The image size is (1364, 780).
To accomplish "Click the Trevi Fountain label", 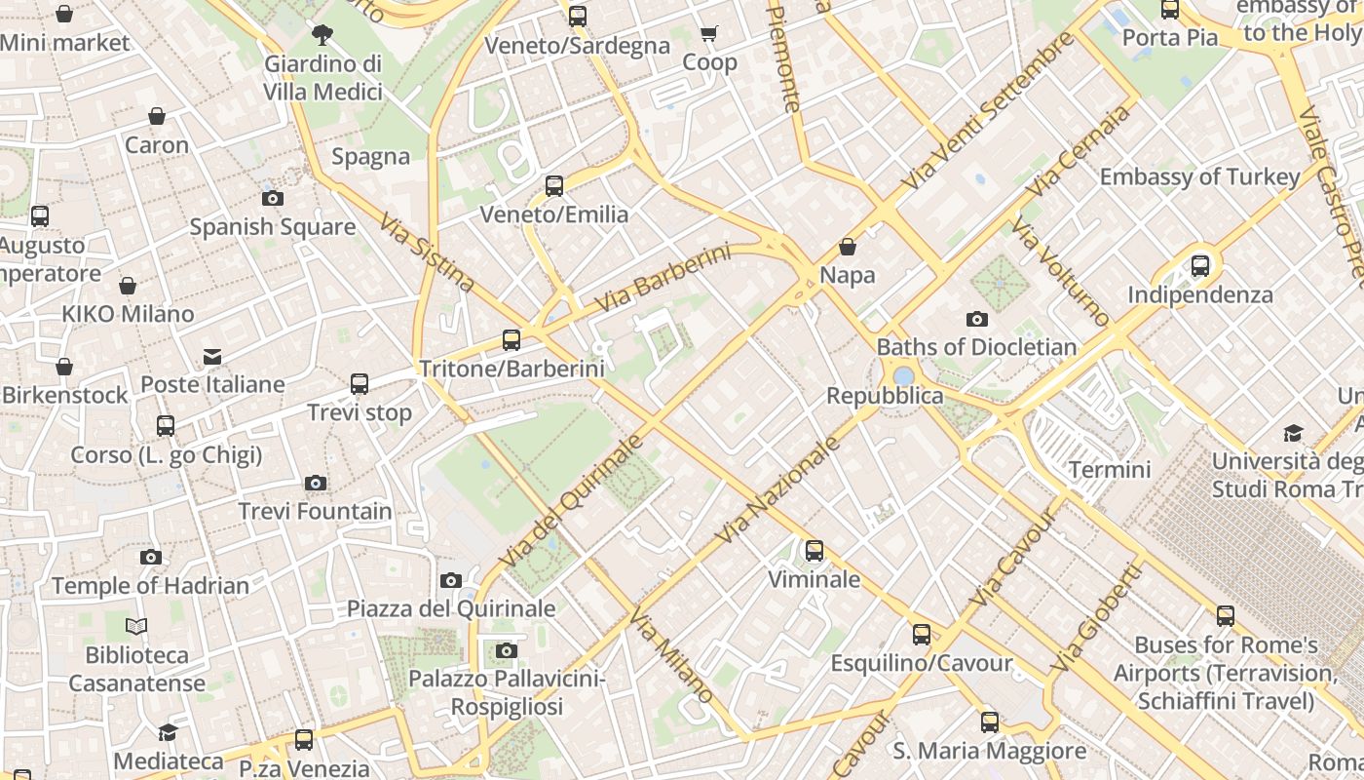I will point(315,511).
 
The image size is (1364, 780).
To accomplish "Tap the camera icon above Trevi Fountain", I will point(315,484).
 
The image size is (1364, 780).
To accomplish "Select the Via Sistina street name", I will point(427,253).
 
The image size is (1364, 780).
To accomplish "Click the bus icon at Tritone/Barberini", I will point(511,340).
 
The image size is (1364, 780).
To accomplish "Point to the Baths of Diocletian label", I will point(976,347).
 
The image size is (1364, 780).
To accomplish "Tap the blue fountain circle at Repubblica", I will point(903,375).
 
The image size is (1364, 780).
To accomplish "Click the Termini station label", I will point(1110,469).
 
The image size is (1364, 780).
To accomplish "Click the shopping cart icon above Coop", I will point(709,34).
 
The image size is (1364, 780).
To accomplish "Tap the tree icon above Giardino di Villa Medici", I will point(322,36).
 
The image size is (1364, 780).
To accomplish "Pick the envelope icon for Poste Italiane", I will point(212,357).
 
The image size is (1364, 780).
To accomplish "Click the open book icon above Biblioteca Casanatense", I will point(137,626).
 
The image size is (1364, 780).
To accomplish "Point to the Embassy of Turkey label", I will point(1199,176).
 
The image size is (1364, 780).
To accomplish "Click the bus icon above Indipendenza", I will point(1200,265).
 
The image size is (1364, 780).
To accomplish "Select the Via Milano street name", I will point(670,656).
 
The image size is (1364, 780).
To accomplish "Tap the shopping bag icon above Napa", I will point(848,247).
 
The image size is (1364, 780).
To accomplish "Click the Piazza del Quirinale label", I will point(451,608).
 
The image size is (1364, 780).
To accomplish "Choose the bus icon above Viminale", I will point(815,552).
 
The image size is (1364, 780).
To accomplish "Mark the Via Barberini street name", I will point(662,279).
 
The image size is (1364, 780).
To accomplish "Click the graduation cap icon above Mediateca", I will point(169,732).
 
